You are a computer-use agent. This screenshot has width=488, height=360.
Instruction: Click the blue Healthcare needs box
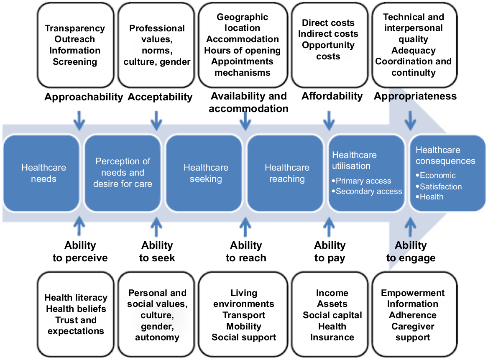41,174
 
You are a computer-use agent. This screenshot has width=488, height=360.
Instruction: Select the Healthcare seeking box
204,174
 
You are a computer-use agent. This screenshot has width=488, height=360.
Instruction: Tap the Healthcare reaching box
285,174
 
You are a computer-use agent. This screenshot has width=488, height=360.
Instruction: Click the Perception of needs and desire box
123,174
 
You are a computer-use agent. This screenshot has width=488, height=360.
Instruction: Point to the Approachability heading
84,97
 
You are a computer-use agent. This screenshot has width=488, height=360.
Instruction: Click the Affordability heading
332,96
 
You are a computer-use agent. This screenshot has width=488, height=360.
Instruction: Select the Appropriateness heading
415,97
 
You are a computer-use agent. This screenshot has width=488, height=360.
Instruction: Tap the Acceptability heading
160,97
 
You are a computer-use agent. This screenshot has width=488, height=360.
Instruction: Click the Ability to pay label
330,251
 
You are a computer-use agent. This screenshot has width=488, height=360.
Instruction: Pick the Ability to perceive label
80,251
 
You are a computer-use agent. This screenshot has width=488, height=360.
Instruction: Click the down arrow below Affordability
329,120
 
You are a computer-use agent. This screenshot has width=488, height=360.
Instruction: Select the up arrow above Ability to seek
156,227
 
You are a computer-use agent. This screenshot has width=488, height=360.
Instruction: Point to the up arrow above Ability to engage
410,227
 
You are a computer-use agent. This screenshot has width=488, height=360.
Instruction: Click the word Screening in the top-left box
75,61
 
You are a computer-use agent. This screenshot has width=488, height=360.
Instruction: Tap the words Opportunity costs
328,51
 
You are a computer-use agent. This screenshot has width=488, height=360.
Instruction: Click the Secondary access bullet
367,191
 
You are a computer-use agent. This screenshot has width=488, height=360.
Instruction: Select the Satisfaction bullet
439,186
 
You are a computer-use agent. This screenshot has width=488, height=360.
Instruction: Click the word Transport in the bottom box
244,315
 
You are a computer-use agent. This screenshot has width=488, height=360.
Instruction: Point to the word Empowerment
413,293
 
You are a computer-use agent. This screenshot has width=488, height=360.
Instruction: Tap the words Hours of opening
243,51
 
